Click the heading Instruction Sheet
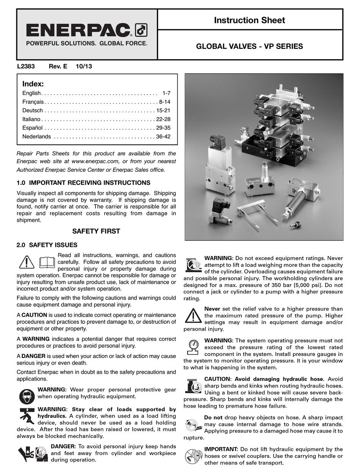click(x=249, y=20)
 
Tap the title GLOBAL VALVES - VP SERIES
click(x=249, y=47)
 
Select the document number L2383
click(x=26, y=66)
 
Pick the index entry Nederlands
click(x=36, y=137)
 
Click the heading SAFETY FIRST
click(x=96, y=231)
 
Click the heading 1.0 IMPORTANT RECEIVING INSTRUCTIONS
click(x=84, y=183)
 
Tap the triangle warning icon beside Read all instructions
click(x=27, y=262)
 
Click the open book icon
click(x=47, y=262)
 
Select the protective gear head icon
click(x=27, y=396)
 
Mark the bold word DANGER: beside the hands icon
click(x=63, y=446)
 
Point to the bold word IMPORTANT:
click(x=221, y=449)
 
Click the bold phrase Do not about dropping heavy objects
click(x=213, y=417)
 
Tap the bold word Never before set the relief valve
click(x=212, y=309)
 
